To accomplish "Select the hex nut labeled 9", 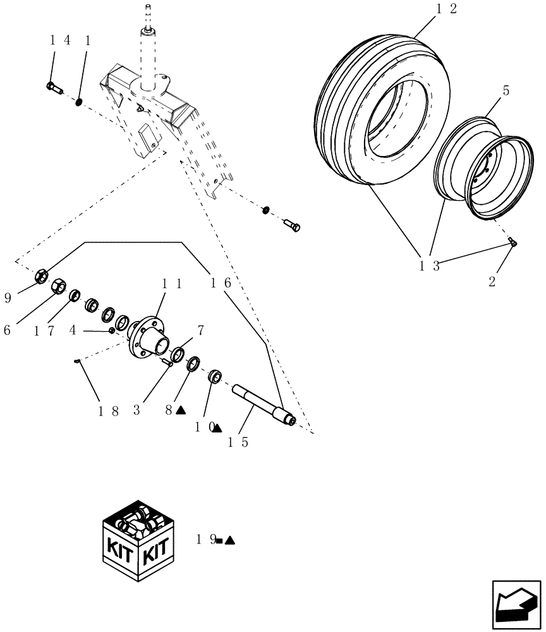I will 39,276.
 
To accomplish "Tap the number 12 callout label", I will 446,9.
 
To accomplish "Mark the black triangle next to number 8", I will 181,410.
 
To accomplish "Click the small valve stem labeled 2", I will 513,244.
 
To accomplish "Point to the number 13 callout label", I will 428,265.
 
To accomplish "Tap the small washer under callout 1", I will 79,102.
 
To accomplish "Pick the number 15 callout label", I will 238,442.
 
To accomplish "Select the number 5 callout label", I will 506,91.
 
